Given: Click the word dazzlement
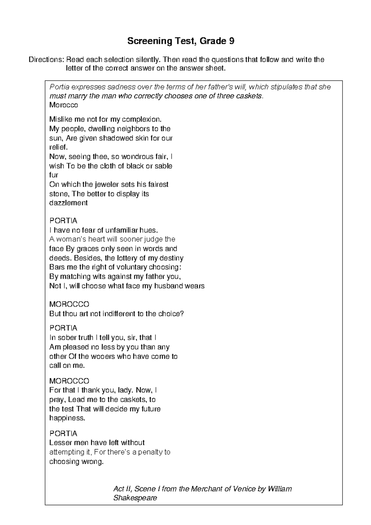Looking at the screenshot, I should pos(68,203).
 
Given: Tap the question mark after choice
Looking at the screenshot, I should pos(182,314).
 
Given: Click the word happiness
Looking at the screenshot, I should pos(67,418).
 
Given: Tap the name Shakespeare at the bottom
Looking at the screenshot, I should pos(135,498).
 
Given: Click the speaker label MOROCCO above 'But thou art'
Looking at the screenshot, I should pos(69,304).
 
